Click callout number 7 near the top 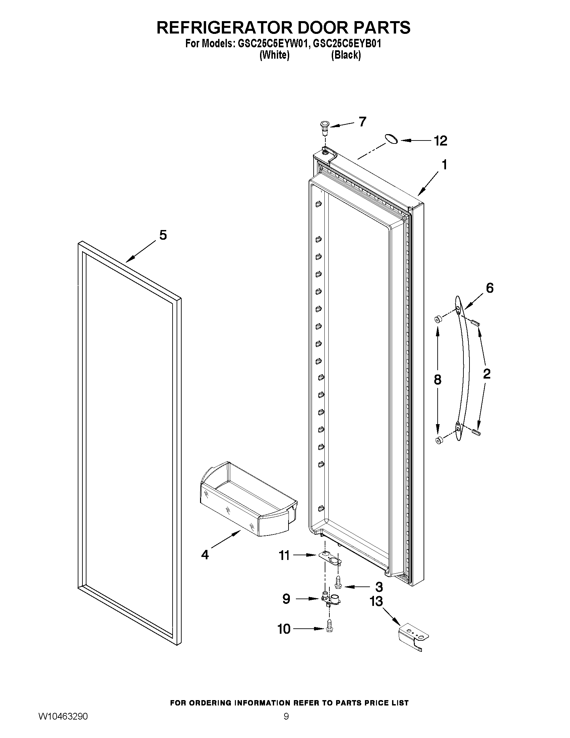(x=362, y=122)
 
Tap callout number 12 (x=440, y=140)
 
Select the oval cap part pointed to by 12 (x=391, y=138)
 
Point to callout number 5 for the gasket (x=163, y=235)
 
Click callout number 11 (x=284, y=555)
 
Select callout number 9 (x=286, y=599)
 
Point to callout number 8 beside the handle (x=437, y=380)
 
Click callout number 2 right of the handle (x=487, y=374)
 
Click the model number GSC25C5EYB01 (x=347, y=44)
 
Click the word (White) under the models (x=274, y=55)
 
